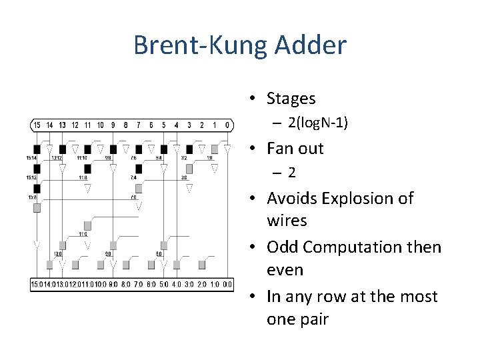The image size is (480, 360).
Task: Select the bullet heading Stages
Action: coord(291,99)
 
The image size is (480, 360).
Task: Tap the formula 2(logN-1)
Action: coord(318,123)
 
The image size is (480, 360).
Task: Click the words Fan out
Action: coord(295,149)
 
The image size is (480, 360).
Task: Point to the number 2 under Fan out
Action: coord(292,173)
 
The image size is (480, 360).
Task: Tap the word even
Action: coord(285,270)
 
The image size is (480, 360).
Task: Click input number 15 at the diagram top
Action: coord(37,125)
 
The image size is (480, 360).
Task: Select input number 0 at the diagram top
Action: coord(227,125)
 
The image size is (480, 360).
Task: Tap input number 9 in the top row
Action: coord(113,125)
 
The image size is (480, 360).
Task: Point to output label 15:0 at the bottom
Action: coord(37,285)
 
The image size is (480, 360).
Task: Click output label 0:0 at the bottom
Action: coord(227,285)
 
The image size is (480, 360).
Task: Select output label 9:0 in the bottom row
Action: coord(113,285)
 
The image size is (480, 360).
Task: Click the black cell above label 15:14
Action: coord(37,149)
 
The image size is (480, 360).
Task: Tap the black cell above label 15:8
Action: coord(37,189)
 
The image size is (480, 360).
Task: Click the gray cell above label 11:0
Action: coord(87,226)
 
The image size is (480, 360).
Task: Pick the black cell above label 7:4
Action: coord(138,169)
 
